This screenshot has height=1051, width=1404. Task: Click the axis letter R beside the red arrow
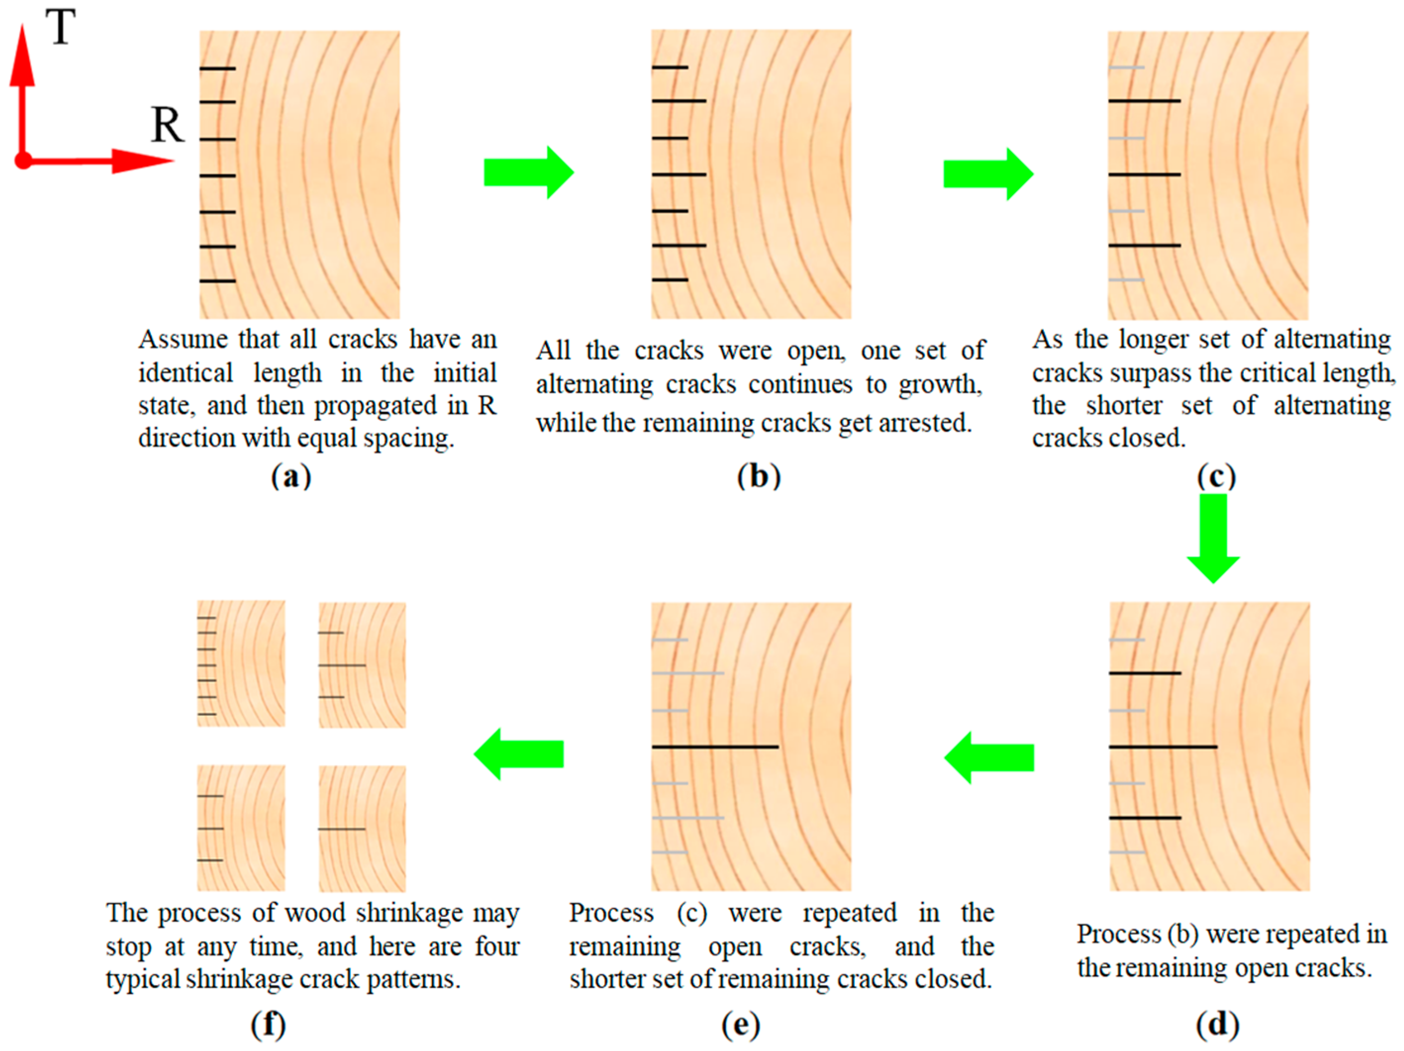(x=167, y=125)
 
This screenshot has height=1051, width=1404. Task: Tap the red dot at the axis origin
(x=23, y=160)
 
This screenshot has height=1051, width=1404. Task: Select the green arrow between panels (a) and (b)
(x=528, y=172)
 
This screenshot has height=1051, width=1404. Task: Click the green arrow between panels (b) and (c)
(x=988, y=174)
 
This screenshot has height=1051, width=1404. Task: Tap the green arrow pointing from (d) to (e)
(x=989, y=757)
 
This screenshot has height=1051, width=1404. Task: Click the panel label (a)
(x=290, y=476)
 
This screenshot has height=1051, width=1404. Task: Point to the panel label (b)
(x=759, y=476)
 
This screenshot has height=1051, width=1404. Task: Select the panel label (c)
(x=1216, y=476)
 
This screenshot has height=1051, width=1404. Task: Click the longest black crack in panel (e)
(x=715, y=747)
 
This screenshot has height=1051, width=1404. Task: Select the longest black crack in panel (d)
(x=1163, y=747)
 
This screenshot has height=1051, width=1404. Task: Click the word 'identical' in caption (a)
(x=186, y=373)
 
